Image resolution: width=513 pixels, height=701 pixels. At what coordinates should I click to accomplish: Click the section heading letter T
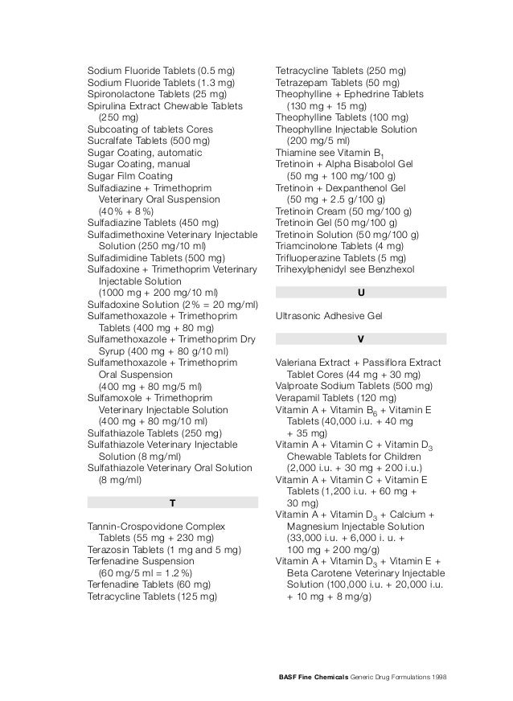click(172, 503)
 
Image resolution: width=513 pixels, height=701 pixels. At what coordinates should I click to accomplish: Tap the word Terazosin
click(109, 550)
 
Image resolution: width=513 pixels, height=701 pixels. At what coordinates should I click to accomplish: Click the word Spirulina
click(108, 105)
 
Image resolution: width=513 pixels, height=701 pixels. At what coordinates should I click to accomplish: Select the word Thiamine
click(298, 152)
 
